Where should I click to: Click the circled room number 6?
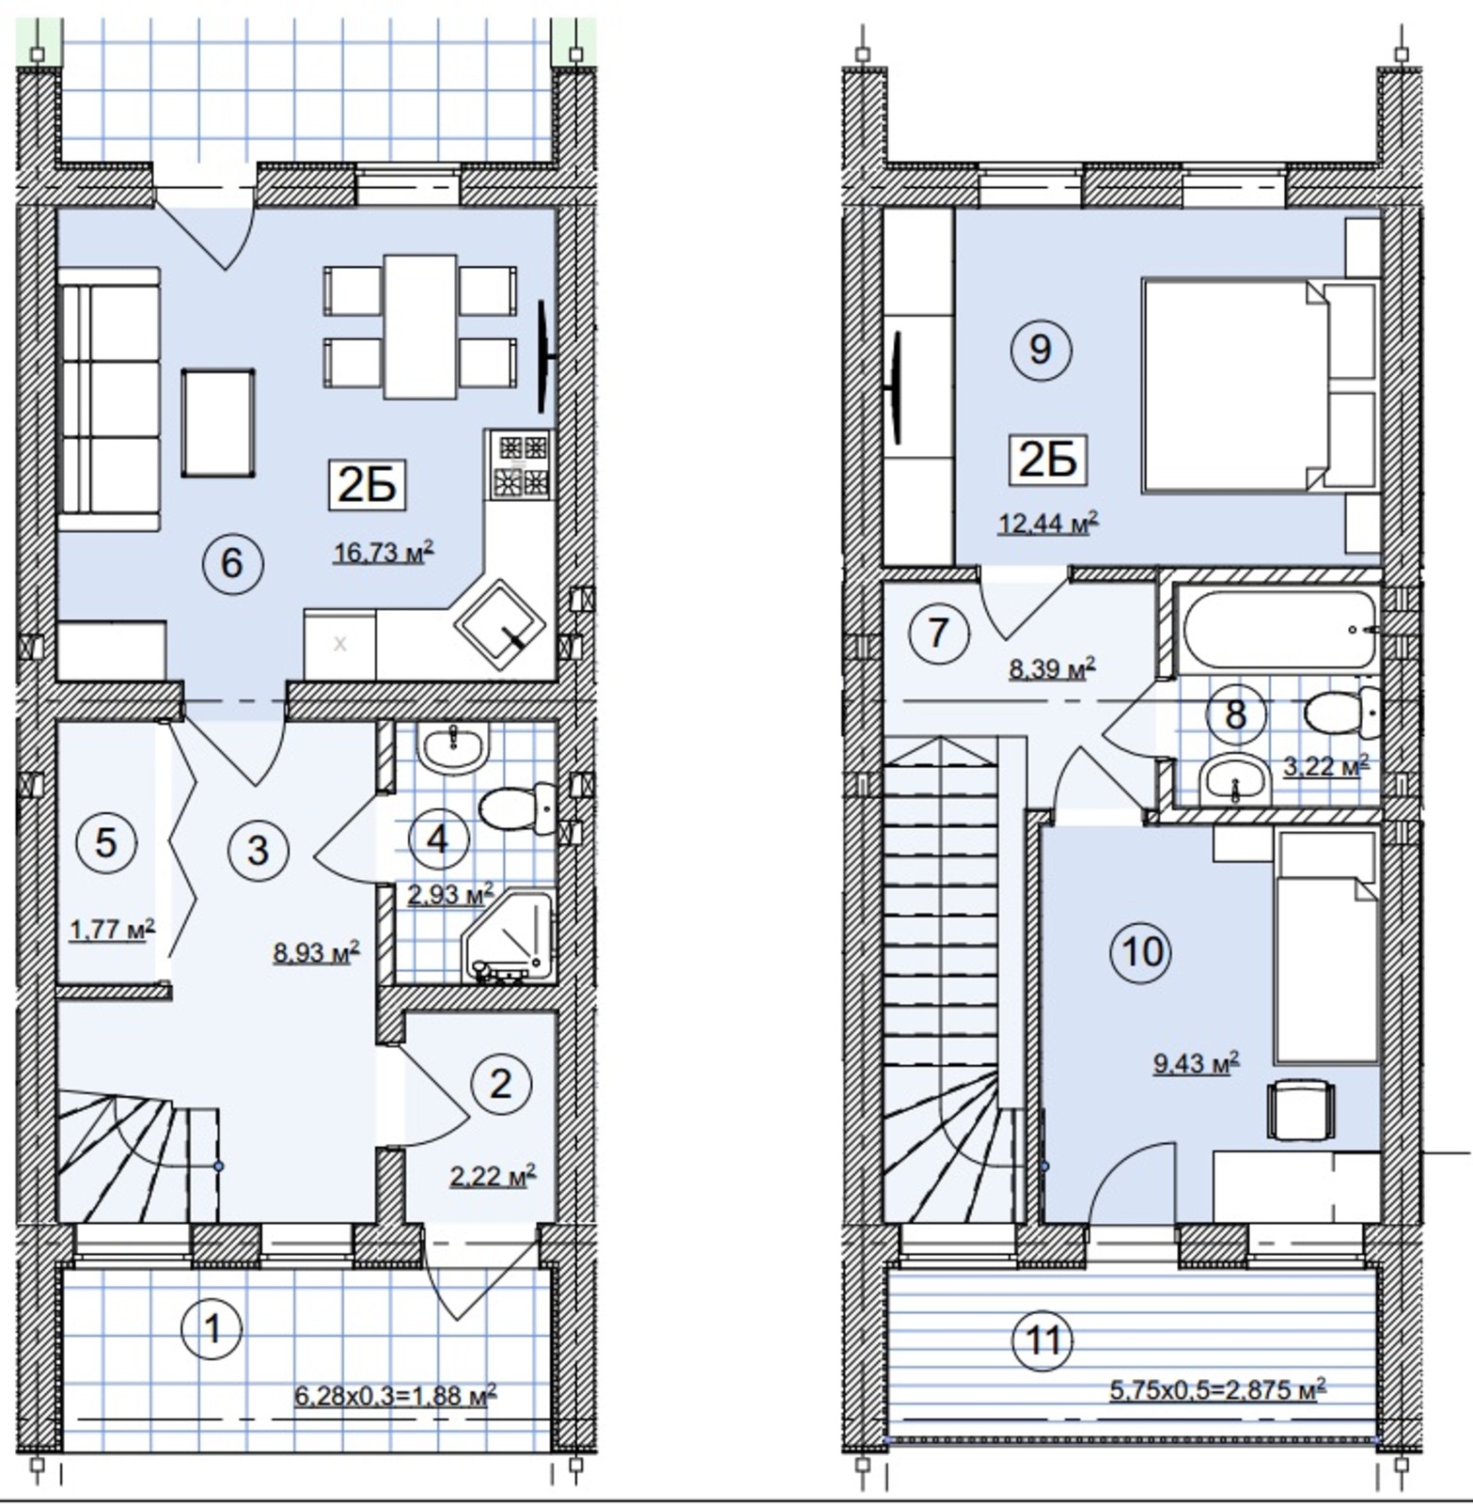point(231,563)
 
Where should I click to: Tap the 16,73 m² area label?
point(384,552)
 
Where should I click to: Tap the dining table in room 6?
point(419,325)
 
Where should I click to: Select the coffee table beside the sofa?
point(218,423)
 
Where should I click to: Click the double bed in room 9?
point(1258,384)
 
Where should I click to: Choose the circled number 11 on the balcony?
point(1042,1340)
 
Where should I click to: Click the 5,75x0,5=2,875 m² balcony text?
point(1218,1388)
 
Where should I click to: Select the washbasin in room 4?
point(453,747)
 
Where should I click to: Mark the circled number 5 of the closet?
point(106,841)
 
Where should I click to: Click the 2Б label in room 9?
point(1047,461)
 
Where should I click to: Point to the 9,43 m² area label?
point(1197,1062)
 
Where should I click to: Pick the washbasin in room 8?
point(1234,777)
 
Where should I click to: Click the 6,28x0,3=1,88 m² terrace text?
point(396,1395)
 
